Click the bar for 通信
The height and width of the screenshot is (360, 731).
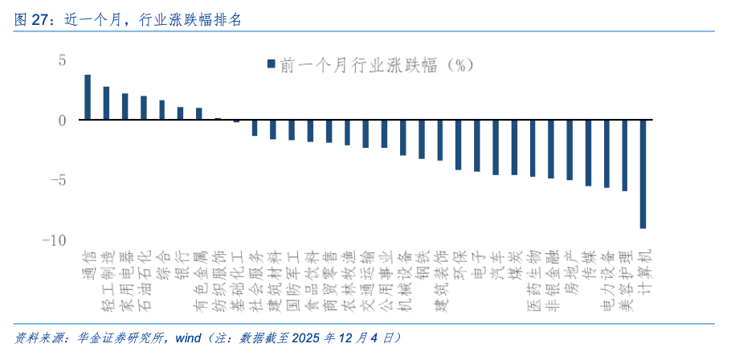88,97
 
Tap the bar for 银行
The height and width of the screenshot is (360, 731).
180,113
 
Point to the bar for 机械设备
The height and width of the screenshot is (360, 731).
402,137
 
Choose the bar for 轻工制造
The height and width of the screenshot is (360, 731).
106,103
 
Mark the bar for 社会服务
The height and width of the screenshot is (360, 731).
255,127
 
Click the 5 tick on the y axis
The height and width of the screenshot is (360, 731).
61,59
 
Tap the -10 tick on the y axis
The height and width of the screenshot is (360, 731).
55,240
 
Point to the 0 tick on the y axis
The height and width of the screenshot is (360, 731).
61,120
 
